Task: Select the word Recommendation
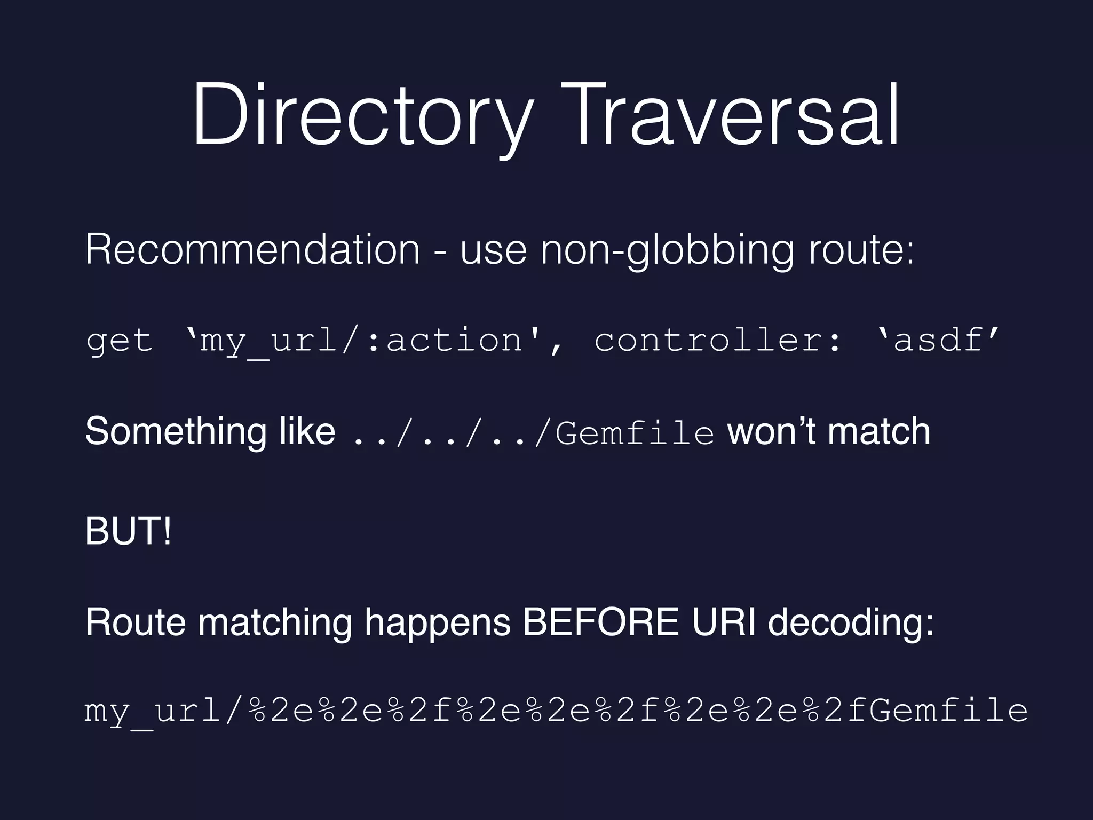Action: click(252, 249)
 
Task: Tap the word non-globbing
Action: click(667, 250)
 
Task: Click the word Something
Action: click(175, 431)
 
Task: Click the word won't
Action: click(771, 431)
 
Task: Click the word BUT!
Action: click(128, 531)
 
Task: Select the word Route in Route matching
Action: click(136, 622)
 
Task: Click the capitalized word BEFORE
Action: click(601, 622)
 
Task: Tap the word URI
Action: click(724, 622)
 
